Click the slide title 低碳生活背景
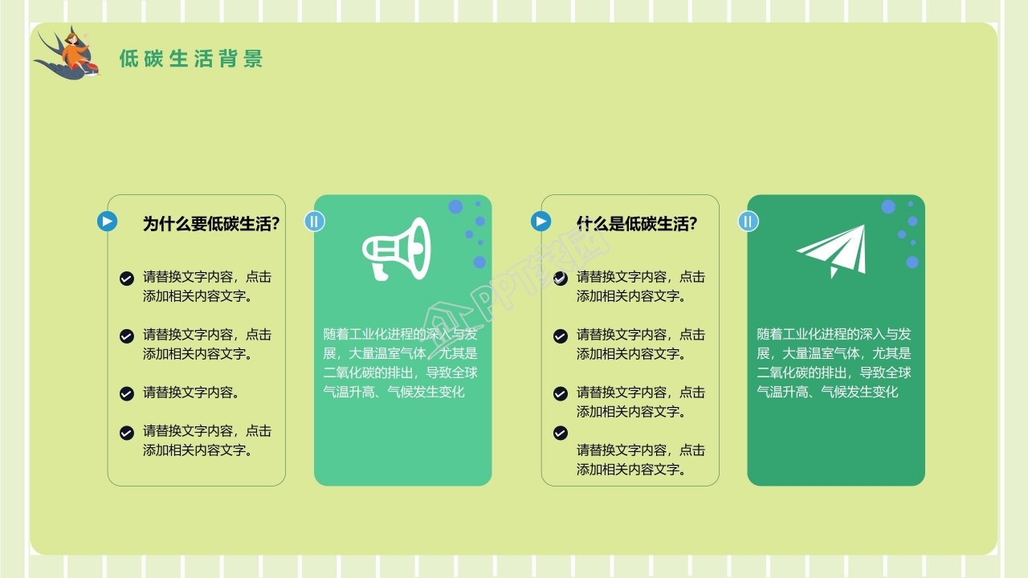191,59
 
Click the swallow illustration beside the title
67,54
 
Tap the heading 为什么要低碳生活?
211,224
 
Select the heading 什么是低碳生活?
637,224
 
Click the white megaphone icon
396,247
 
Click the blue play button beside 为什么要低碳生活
108,221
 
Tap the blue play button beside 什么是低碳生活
541,221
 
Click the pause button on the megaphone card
315,222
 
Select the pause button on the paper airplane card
749,222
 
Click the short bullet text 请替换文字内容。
191,393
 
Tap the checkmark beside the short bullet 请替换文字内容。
127,393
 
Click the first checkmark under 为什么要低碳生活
127,279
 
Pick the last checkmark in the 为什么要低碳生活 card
127,433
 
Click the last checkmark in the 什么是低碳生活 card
561,433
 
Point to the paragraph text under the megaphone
401,363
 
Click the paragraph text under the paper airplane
834,363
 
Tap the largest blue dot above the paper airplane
888,207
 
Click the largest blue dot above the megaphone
455,207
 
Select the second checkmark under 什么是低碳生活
561,336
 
